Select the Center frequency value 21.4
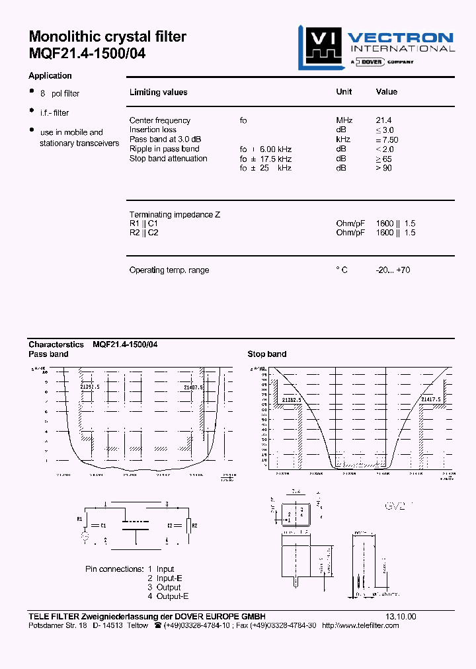click(383, 120)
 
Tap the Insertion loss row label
click(153, 130)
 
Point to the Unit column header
click(344, 92)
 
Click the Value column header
click(387, 92)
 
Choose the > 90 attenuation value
click(384, 168)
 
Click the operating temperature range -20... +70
click(393, 270)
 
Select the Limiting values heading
click(158, 93)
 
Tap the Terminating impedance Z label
click(175, 215)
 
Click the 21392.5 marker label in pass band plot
click(90, 387)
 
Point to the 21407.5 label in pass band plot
click(193, 387)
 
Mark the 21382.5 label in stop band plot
click(292, 400)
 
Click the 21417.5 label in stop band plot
click(431, 400)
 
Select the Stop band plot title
click(267, 354)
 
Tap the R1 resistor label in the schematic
click(80, 519)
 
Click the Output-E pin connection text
click(164, 596)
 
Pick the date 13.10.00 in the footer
click(401, 616)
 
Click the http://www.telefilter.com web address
click(360, 625)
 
